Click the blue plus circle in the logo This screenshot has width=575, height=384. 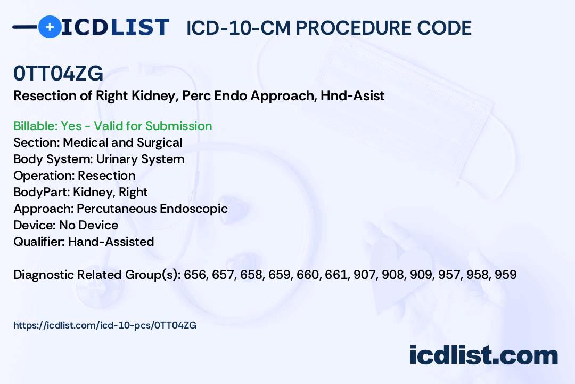[50, 27]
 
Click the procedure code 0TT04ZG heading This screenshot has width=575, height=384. [59, 73]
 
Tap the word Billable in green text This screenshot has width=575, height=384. [35, 126]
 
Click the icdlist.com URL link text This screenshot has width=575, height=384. [105, 325]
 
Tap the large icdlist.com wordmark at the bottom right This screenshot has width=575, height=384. [483, 355]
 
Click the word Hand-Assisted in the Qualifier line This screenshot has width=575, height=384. [111, 242]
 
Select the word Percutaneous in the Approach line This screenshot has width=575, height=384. [117, 209]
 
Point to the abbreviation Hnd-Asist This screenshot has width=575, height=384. [352, 95]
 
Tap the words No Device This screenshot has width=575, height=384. [89, 225]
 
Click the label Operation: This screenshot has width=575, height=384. [44, 175]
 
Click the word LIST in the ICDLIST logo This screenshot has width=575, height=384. [139, 27]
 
